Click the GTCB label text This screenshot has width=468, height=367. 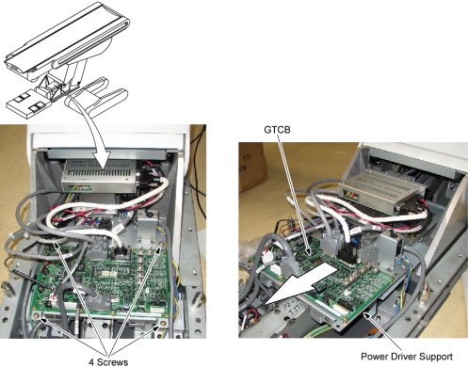click(x=277, y=130)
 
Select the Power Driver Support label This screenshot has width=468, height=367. click(x=407, y=357)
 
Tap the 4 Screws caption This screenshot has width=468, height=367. click(x=108, y=362)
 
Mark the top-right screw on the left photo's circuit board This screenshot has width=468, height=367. click(x=162, y=245)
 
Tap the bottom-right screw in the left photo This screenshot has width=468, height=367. click(x=162, y=323)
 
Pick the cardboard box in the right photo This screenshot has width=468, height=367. click(x=251, y=167)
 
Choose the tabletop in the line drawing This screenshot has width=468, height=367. click(x=68, y=37)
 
